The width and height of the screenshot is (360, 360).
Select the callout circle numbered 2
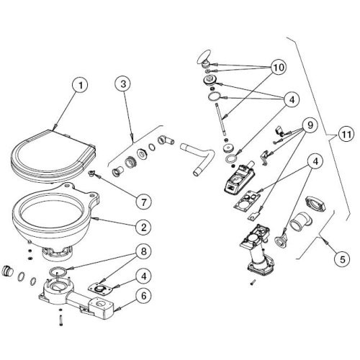(144, 226)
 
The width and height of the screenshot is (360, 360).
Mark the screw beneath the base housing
(61, 319)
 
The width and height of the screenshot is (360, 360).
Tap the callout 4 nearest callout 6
(144, 274)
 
